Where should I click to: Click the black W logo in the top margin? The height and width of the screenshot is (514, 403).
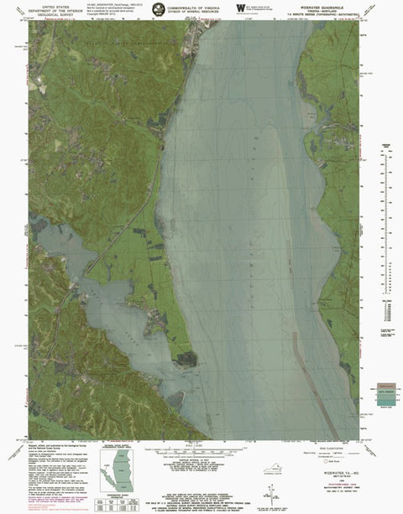pos(242,8)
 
